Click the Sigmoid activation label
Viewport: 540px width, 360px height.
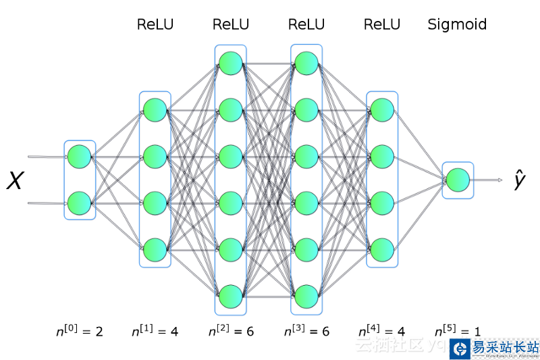click(x=457, y=25)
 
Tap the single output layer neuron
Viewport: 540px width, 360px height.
click(x=458, y=180)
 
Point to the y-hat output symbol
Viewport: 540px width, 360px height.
click(x=519, y=180)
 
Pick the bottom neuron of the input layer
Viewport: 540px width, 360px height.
click(x=80, y=202)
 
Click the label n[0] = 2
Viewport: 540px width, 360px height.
click(x=80, y=331)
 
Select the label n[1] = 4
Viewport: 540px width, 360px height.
click(x=155, y=331)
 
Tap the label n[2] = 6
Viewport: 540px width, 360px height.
click(x=230, y=331)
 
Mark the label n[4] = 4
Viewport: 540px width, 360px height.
click(x=381, y=331)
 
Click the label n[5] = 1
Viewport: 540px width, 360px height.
click(x=457, y=331)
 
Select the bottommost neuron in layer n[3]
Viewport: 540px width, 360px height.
click(x=306, y=296)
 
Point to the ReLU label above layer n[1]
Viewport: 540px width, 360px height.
click(x=155, y=25)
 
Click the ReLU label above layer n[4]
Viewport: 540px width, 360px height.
click(x=381, y=25)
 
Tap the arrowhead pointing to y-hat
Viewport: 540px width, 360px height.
click(x=500, y=180)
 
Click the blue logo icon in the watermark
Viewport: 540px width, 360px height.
click(x=460, y=349)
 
